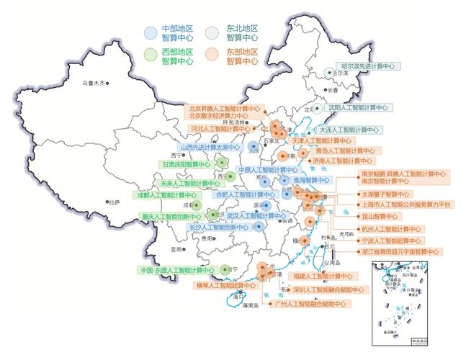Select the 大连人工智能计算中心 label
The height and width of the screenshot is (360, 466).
(x=349, y=130)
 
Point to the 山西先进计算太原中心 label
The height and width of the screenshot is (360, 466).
(x=209, y=148)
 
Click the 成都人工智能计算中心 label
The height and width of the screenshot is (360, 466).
(x=168, y=195)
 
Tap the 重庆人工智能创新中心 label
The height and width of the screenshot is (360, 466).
(x=170, y=217)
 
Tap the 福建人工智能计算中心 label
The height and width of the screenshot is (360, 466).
(x=322, y=276)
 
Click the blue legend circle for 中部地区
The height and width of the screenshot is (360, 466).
(x=151, y=32)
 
